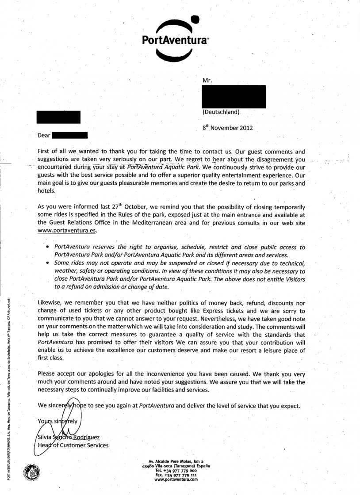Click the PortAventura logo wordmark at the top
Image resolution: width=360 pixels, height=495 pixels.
point(175,40)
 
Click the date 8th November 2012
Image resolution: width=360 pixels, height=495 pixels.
point(227,128)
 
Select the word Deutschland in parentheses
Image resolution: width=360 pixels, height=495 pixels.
point(221,112)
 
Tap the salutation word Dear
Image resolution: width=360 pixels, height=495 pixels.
point(44,135)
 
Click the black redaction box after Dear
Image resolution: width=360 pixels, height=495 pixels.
point(70,135)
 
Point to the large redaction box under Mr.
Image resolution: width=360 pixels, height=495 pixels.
point(234,97)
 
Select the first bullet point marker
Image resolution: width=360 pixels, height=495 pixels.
point(48,247)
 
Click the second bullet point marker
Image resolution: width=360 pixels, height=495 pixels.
point(48,263)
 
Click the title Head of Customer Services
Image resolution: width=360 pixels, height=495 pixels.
point(73,445)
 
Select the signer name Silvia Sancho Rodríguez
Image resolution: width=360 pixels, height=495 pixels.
point(69,437)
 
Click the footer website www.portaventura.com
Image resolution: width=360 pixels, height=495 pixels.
point(176,480)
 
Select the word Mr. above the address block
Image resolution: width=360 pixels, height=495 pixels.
point(207,81)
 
